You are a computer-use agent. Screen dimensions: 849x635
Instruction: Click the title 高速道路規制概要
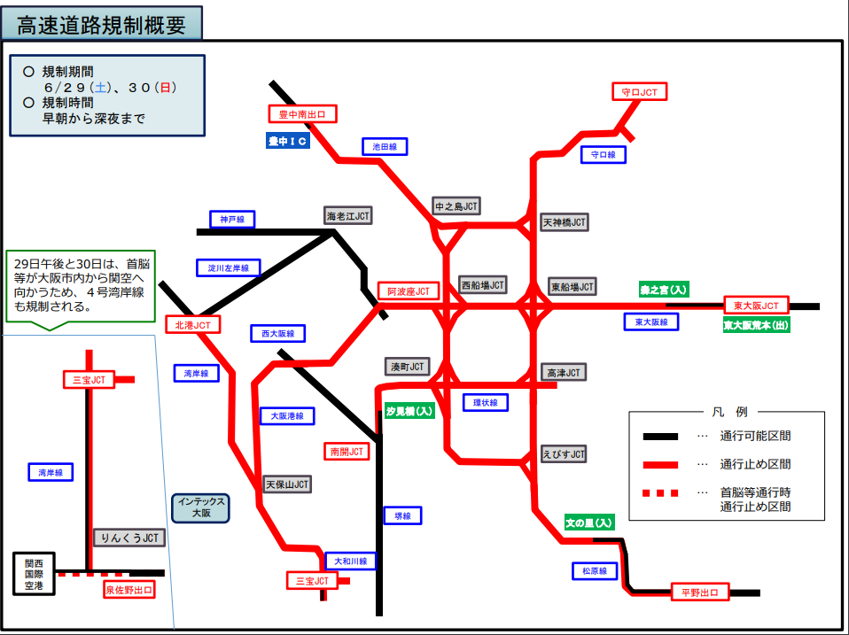(102, 24)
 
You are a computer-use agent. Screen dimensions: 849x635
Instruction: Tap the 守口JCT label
(639, 92)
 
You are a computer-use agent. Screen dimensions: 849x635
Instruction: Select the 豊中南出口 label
(303, 114)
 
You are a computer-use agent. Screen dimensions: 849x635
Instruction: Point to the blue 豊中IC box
(287, 141)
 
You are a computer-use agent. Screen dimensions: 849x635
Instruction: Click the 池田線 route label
(385, 147)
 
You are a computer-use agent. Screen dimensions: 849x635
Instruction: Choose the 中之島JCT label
(456, 206)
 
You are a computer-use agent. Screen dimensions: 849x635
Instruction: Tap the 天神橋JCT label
(565, 222)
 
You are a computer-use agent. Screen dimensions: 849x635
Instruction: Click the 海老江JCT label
(347, 216)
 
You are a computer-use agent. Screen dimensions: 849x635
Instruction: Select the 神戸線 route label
(232, 219)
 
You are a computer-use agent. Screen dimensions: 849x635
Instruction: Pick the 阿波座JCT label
(409, 291)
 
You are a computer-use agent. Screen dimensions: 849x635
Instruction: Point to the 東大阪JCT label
(756, 306)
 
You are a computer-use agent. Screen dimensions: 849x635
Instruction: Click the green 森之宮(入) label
(663, 290)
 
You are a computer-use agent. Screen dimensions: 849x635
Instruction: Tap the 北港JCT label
(193, 324)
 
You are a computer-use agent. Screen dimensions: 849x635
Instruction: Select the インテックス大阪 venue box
(200, 507)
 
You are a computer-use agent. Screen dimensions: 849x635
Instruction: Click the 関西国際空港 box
(34, 574)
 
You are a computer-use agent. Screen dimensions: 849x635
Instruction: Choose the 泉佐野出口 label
(129, 590)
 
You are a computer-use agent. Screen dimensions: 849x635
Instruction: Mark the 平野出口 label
(699, 592)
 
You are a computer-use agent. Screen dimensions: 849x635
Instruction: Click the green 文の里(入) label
(589, 523)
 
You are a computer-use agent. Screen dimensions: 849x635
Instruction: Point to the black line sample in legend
(660, 437)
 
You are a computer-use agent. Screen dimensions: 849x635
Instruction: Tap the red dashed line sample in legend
(660, 492)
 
